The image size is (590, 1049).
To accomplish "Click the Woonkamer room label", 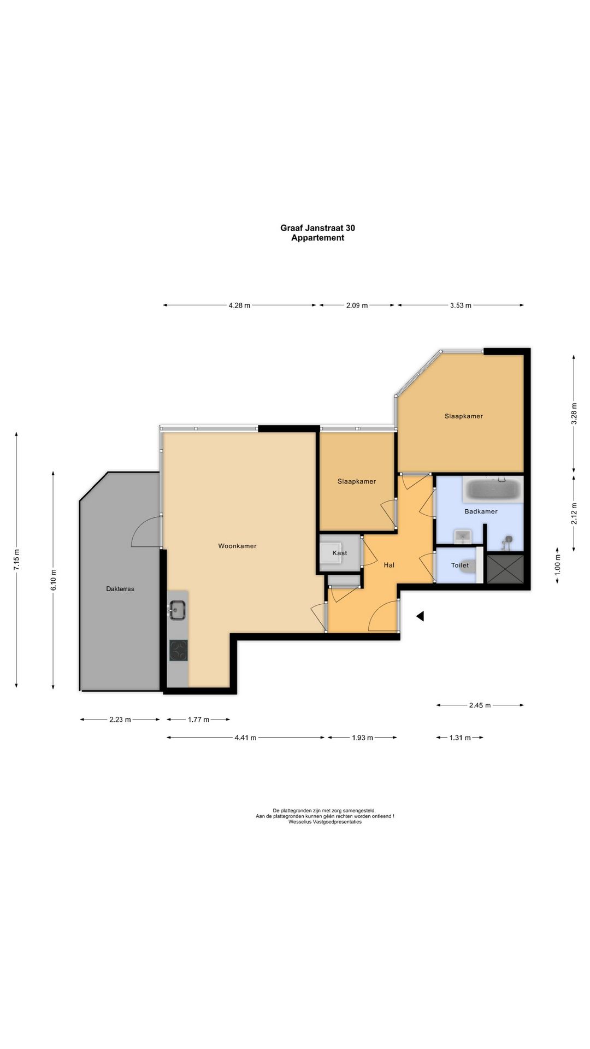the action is tap(237, 546).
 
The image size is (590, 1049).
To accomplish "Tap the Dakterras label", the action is tap(120, 589).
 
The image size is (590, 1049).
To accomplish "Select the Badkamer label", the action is tap(481, 511).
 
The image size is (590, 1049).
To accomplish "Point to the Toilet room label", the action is tap(460, 565).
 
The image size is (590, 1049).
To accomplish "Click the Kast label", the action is tap(340, 553).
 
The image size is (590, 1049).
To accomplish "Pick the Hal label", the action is tap(389, 565).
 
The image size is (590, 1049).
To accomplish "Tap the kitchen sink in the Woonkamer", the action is tap(177, 610).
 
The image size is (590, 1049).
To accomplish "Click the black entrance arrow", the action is tap(420, 616).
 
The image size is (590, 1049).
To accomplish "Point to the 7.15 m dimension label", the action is tap(16, 560).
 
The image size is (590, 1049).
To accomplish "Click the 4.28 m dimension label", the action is tap(239, 305).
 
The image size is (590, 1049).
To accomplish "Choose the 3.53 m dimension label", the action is tap(461, 305).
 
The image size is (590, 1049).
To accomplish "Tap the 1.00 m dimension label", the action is tap(558, 565).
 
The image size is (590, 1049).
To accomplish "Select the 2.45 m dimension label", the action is tap(480, 705).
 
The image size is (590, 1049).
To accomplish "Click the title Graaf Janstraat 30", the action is tap(317, 228).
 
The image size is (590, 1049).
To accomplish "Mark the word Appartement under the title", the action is tap(317, 238).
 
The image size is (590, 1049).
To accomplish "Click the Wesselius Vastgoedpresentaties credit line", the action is tap(325, 822).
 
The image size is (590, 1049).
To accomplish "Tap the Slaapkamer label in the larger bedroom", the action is tap(464, 416).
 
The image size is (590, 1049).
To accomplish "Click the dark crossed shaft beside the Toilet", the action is tap(505, 569).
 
